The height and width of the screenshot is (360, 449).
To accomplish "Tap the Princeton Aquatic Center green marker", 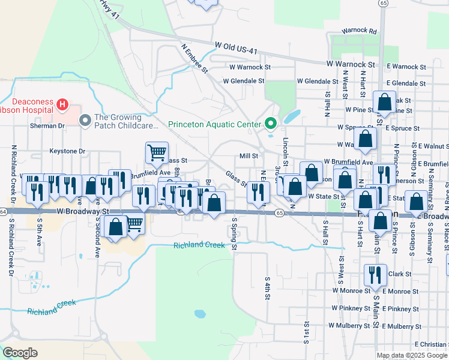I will click(271, 125).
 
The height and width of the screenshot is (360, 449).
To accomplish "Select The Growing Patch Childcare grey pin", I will click(85, 121).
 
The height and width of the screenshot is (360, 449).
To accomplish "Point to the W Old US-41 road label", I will click(236, 47).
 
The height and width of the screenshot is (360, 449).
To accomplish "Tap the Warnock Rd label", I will click(359, 31).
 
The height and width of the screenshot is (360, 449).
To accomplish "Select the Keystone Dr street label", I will click(68, 152).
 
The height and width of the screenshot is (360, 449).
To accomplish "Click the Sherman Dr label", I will click(48, 127).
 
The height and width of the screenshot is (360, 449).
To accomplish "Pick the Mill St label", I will click(249, 155).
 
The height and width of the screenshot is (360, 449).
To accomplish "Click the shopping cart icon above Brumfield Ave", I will click(157, 152).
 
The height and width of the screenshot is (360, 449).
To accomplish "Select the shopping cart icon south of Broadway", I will click(134, 224).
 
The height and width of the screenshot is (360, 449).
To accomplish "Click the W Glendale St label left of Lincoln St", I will click(243, 81).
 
